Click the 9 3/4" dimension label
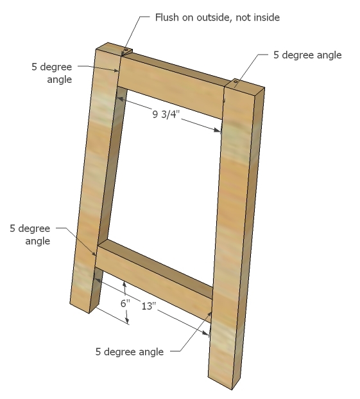(x=166, y=114)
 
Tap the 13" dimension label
(x=149, y=306)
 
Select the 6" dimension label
(x=125, y=303)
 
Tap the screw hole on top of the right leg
(x=236, y=82)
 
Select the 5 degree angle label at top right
(x=307, y=55)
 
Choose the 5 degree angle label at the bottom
(x=130, y=351)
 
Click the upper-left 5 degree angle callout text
(x=52, y=73)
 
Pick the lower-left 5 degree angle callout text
(x=30, y=235)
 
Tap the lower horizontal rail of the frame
(x=155, y=280)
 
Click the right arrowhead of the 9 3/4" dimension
(x=218, y=130)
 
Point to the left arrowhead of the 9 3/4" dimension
(x=122, y=99)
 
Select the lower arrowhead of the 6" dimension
(x=127, y=320)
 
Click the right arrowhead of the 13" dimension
(x=205, y=332)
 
